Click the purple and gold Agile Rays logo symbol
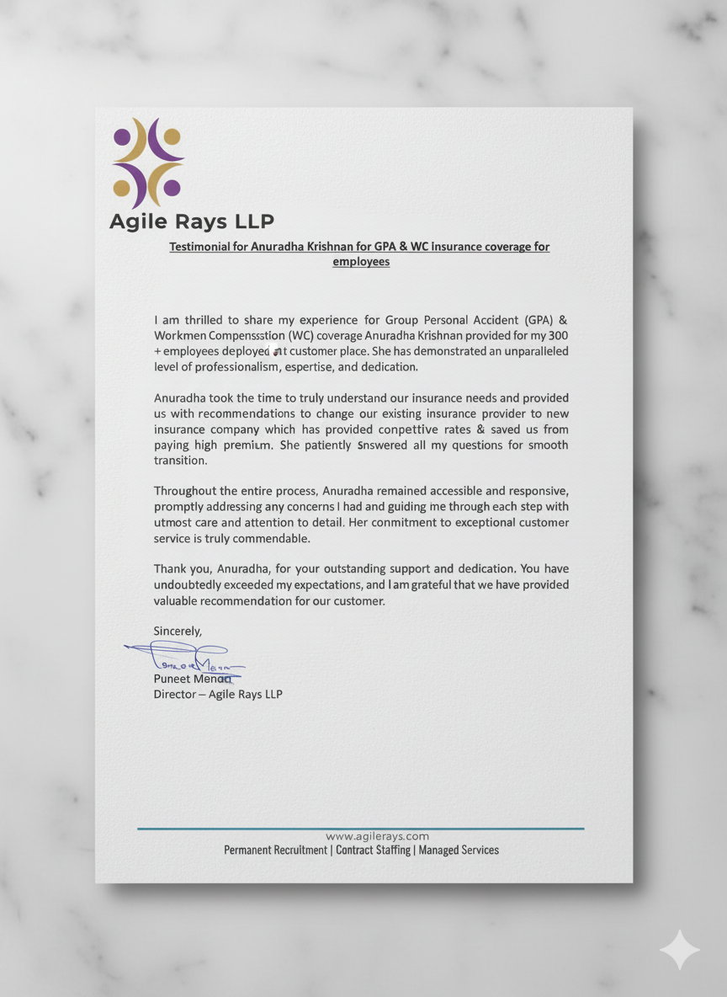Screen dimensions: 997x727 (x=148, y=163)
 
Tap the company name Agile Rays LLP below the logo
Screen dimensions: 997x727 (x=192, y=221)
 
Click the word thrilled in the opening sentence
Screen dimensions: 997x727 (x=203, y=320)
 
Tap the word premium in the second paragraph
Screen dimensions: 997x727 (x=244, y=445)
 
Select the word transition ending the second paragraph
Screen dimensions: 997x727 (x=179, y=461)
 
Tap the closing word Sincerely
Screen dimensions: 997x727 (x=178, y=631)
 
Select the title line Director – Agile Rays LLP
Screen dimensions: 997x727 (x=218, y=695)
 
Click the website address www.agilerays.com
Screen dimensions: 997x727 (x=377, y=836)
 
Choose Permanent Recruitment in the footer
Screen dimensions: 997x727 (x=275, y=850)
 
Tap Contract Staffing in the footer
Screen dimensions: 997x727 (x=373, y=850)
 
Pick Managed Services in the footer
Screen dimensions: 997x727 (x=459, y=850)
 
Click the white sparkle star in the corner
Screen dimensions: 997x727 (x=679, y=950)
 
